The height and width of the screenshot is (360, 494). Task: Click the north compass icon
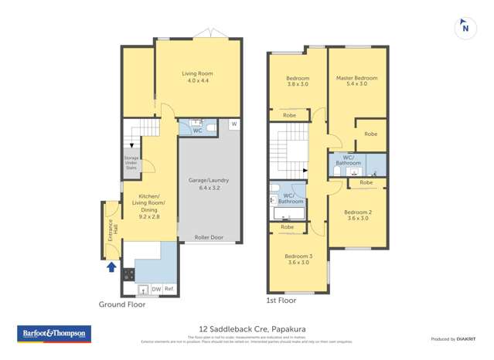coord(465,27)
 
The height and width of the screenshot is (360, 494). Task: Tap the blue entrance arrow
coord(111,267)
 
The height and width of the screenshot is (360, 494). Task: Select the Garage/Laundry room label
coord(209,184)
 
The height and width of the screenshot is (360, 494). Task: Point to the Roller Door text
coord(209,237)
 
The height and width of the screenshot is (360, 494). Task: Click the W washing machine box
coord(233,124)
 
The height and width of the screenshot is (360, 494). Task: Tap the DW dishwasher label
coord(156,289)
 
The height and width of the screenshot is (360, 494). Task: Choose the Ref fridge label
coord(169,289)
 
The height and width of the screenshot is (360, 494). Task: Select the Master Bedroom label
coord(356,80)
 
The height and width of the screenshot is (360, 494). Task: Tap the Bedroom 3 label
coord(298,259)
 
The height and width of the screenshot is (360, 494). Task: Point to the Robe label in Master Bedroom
coord(371,134)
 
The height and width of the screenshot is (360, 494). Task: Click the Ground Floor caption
coord(121,304)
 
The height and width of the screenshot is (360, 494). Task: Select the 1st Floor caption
coord(281,300)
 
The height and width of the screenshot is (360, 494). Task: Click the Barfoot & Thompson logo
coord(53,335)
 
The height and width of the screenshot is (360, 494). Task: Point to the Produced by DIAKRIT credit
coord(453,339)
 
